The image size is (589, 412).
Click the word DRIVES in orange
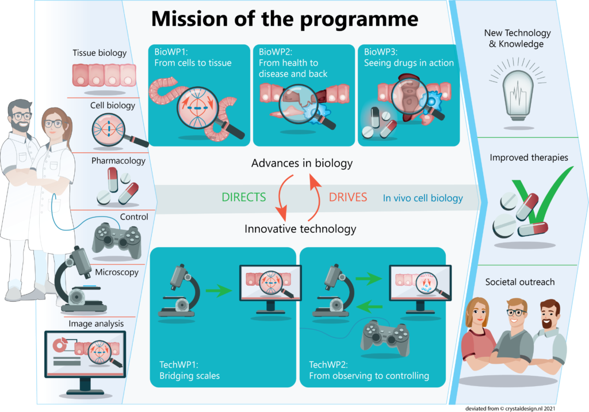pos(348,197)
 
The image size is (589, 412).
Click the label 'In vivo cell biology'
pos(423,198)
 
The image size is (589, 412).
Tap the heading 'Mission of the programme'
pos(284,19)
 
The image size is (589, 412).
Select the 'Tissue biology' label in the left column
pos(100,53)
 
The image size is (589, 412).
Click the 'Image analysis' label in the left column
pos(96,324)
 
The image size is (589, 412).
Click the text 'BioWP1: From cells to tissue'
pos(193,57)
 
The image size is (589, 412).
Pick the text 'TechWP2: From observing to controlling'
pos(369,371)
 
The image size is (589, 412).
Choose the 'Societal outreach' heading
pos(520,282)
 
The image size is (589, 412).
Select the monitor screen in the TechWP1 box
pos(266,283)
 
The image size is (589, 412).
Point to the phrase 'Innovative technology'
pos(300,229)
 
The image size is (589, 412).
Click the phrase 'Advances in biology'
pos(301,164)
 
